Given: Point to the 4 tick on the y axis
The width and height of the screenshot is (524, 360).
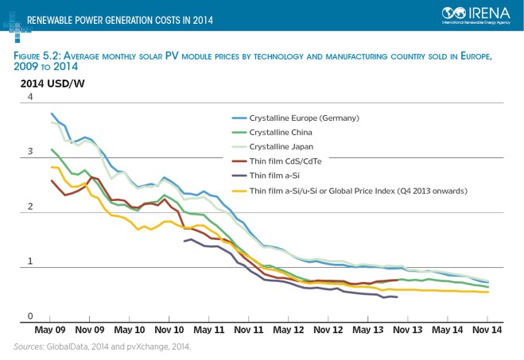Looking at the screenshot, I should tap(31, 98).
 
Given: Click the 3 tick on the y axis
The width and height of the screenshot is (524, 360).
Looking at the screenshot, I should tap(31, 152).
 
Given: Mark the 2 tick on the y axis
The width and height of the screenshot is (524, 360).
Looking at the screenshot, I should tap(31, 207).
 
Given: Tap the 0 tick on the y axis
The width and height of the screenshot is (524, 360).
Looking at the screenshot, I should tap(31, 315).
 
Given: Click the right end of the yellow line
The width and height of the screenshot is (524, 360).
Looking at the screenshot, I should tap(487, 292).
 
